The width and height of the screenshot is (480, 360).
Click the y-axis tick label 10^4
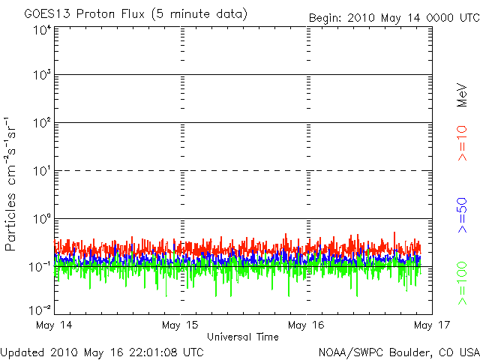pyautogui.click(x=41, y=31)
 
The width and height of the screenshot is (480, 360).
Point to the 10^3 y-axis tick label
pyautogui.click(x=41, y=76)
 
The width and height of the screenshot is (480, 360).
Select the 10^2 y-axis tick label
pyautogui.click(x=41, y=123)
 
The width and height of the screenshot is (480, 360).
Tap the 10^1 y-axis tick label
pyautogui.click(x=41, y=171)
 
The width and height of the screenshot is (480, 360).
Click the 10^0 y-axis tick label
pyautogui.click(x=41, y=219)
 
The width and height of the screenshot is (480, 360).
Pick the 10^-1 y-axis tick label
pyautogui.click(x=40, y=267)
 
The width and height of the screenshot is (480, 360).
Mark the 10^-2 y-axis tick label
pyautogui.click(x=40, y=309)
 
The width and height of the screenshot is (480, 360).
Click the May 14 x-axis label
pyautogui.click(x=55, y=325)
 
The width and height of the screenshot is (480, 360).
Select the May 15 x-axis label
pyautogui.click(x=181, y=325)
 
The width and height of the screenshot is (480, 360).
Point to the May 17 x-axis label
pyautogui.click(x=426, y=325)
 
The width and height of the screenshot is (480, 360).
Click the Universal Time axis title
pyautogui.click(x=243, y=337)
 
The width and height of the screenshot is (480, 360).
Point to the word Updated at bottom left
pyautogui.click(x=23, y=351)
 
